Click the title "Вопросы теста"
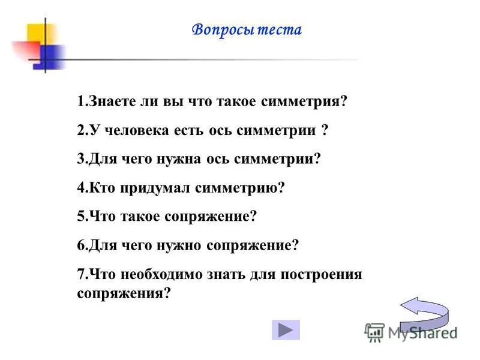[x=247, y=30]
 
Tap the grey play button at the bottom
[x=286, y=330]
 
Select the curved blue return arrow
[x=424, y=311]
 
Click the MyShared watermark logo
[x=411, y=332]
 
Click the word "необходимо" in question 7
[x=156, y=274]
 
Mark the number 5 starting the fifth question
[x=80, y=217]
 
